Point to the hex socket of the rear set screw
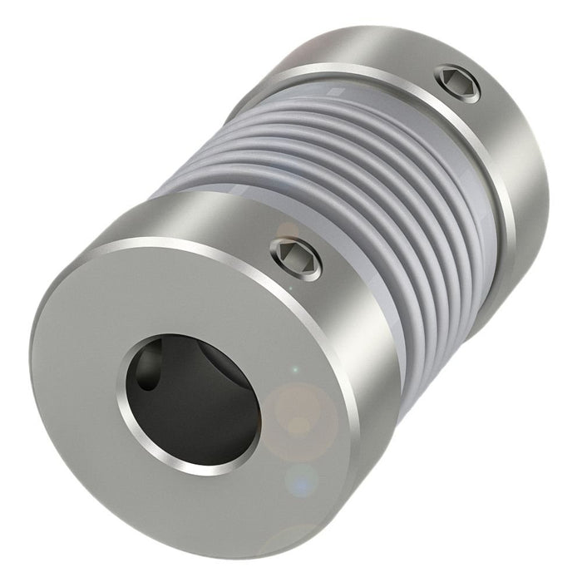coord(457,83)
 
